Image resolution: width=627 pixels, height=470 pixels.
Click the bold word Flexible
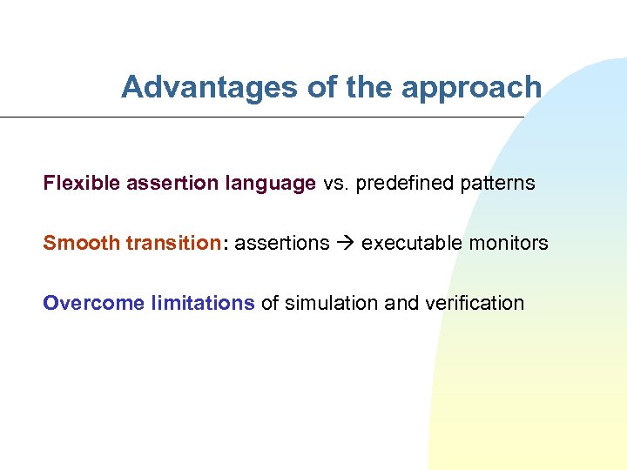82,184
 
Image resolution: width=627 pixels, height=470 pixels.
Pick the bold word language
270,185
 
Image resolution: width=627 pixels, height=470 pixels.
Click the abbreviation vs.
335,184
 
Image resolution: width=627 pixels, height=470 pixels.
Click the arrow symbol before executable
346,243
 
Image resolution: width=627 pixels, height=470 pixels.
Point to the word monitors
509,243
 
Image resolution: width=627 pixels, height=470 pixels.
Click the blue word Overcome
94,303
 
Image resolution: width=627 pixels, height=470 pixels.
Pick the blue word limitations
203,303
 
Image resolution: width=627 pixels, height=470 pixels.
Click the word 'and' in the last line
401,303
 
